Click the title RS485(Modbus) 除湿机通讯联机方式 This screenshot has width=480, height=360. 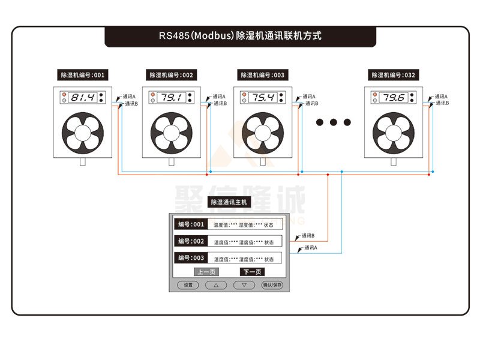pos(240,36)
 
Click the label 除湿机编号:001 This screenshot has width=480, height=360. pos(83,76)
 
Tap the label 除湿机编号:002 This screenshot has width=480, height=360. pos(172,76)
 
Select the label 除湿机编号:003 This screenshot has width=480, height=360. pos(263,76)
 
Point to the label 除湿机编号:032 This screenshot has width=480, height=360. pos(394,76)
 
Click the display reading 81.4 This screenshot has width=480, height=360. pos(83,97)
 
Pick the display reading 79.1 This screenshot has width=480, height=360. pos(172,97)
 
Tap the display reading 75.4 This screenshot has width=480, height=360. pos(263,97)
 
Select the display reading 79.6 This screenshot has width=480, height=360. pos(394,97)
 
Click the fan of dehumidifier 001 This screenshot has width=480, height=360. pos(83,132)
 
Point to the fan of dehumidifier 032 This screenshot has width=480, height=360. pos(394,132)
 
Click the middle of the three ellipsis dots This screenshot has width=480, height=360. pos(334,122)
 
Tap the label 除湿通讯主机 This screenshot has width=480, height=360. pos(229,203)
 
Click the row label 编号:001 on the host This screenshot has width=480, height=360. pos(191,224)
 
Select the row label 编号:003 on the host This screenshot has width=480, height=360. pos(191,258)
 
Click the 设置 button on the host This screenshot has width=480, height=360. pos(188,285)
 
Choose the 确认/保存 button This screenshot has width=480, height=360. pos(272,285)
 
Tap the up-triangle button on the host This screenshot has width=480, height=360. pos(216,285)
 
